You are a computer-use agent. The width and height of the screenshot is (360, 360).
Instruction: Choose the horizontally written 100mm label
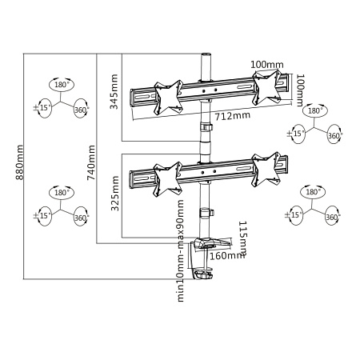coord(268,64)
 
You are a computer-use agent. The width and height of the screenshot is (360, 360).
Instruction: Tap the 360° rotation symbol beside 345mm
coord(80,110)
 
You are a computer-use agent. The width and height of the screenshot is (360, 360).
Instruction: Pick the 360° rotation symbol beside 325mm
coord(80,217)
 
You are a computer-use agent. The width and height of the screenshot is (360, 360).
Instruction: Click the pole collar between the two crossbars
coord(205,129)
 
